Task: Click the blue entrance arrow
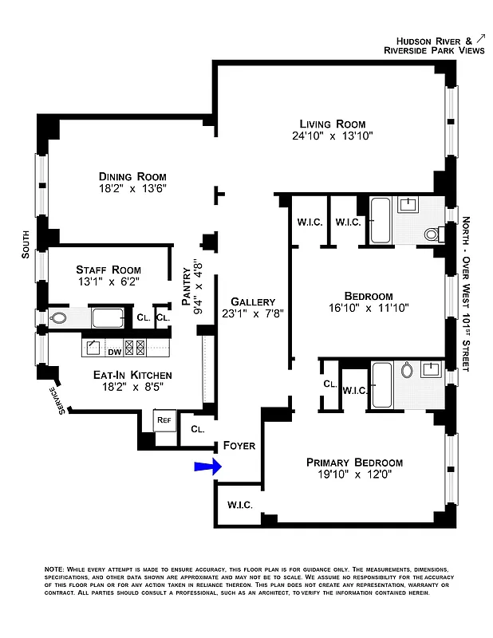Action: [x=205, y=467]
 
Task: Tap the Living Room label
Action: [x=333, y=124]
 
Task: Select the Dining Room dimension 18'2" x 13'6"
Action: [x=132, y=189]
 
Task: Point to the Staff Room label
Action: [x=108, y=270]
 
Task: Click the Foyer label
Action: [x=239, y=445]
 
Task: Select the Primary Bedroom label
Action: [x=355, y=463]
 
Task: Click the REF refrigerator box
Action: [x=164, y=419]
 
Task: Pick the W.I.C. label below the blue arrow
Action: [x=240, y=504]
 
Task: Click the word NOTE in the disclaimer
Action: [x=56, y=568]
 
